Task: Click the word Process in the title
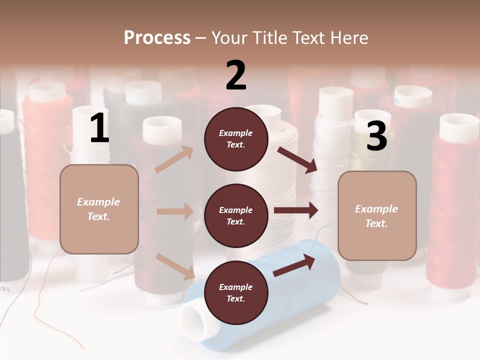point(157,38)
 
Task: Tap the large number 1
point(100,127)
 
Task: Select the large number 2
point(235,75)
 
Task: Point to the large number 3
point(376,135)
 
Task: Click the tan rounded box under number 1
point(99,209)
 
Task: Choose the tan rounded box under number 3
point(377,216)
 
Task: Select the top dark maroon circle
point(236,139)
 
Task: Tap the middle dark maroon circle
point(236,216)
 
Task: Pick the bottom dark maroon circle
point(236,292)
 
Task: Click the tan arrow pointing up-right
point(174,159)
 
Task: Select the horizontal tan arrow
point(175,211)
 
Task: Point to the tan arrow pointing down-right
point(175,266)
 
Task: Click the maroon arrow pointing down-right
point(297,160)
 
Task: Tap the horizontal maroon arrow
point(296,210)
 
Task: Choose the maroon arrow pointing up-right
point(294,265)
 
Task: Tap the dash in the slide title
point(200,39)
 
